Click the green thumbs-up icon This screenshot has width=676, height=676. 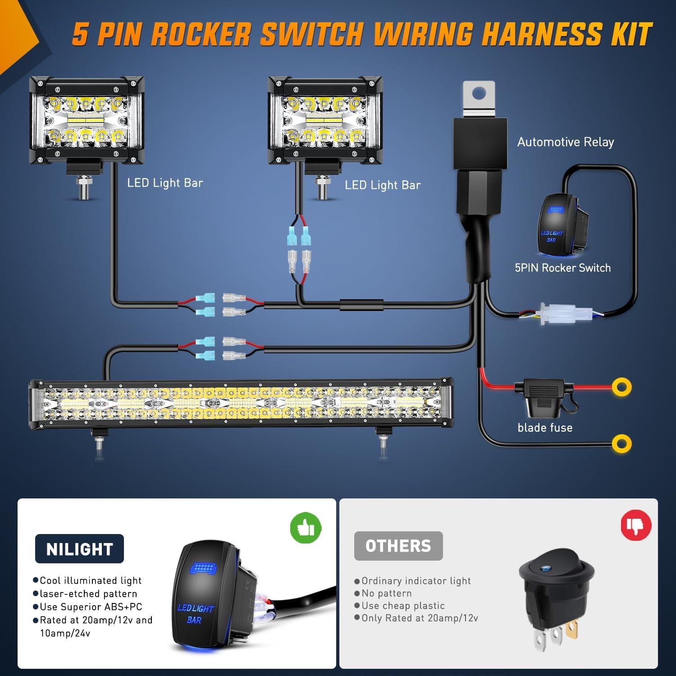tap(306, 527)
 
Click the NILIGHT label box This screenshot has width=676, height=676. tap(79, 549)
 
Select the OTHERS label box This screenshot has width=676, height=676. tap(398, 546)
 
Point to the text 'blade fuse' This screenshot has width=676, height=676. tap(545, 428)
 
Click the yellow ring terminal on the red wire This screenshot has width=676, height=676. tap(621, 387)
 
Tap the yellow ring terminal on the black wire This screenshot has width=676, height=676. tap(621, 444)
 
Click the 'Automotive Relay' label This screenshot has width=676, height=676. tap(566, 142)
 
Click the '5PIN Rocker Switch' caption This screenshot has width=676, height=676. tap(562, 268)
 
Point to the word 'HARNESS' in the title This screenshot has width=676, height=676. tap(541, 34)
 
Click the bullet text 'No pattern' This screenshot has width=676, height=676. tap(386, 593)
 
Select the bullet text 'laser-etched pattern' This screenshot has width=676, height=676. tap(88, 594)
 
